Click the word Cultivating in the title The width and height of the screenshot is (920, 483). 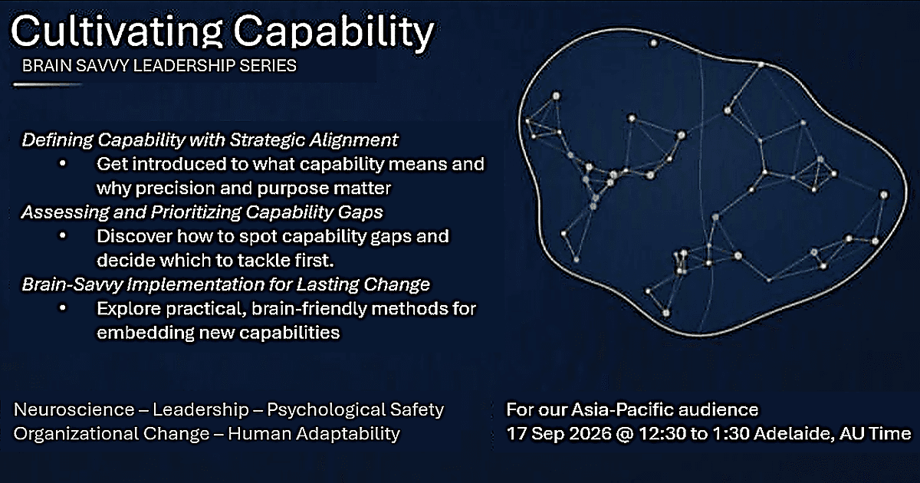click(117, 31)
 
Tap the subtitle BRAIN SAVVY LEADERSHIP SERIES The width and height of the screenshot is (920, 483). click(159, 66)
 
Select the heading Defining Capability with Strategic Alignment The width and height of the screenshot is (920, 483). click(210, 140)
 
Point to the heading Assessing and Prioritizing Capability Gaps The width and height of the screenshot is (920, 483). click(202, 212)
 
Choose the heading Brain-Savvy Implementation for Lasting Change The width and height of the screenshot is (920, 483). click(226, 284)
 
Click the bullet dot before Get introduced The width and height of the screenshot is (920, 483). click(62, 164)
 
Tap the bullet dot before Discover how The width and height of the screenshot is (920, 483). click(62, 236)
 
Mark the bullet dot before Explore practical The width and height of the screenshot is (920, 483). click(62, 308)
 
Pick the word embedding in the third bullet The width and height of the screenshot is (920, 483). click(146, 333)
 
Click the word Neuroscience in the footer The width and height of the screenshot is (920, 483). click(74, 409)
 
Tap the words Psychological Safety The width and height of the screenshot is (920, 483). click(356, 410)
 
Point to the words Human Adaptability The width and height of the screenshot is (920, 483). click(314, 434)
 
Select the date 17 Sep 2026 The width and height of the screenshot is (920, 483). click(559, 434)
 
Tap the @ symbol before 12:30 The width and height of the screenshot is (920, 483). click(626, 434)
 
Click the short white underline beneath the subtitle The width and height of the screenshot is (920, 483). click(48, 85)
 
